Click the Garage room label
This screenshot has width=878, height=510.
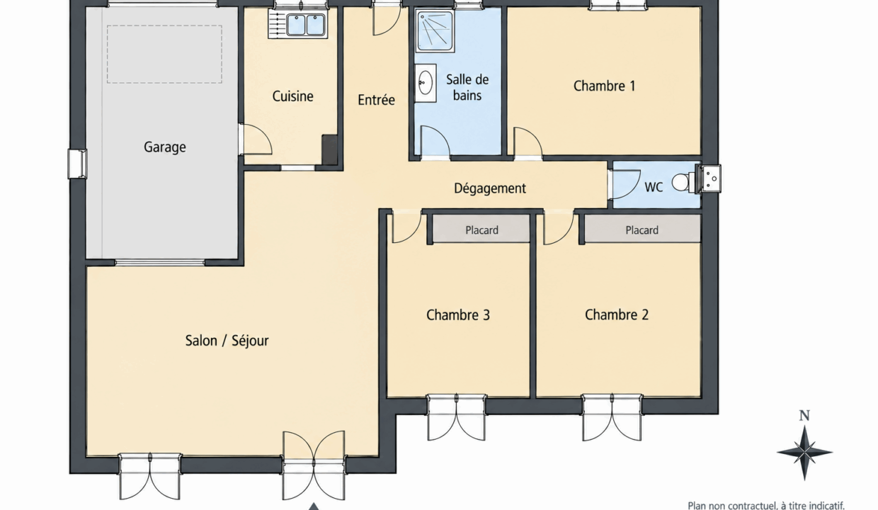(164, 147)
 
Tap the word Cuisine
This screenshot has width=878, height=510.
(293, 96)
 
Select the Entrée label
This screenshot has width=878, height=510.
(376, 100)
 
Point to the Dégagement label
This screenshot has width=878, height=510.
(489, 188)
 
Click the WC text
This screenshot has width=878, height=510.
(654, 188)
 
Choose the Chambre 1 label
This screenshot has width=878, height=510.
(604, 86)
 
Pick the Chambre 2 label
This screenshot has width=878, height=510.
(617, 314)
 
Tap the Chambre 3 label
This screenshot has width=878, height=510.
(458, 315)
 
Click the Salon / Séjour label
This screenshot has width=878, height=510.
(227, 341)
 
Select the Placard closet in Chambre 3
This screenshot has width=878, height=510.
(481, 229)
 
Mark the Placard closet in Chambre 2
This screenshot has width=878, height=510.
(642, 229)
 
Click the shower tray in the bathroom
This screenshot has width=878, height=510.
(435, 31)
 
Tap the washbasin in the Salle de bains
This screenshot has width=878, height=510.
(426, 83)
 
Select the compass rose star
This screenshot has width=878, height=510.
(804, 453)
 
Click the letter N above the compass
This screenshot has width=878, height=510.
(804, 416)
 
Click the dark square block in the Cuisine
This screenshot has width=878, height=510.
(329, 149)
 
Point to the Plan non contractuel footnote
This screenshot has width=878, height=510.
(766, 505)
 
